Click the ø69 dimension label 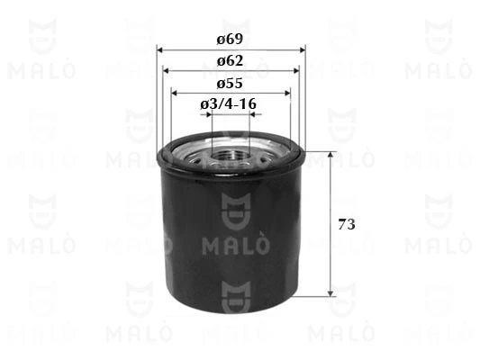point(230,40)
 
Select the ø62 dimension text point(230,60)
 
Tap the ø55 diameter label point(230,82)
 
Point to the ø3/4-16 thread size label point(230,104)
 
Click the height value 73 point(346,223)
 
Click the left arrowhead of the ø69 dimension point(159,49)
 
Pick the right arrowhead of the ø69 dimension point(301,49)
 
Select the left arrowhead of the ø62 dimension point(167,70)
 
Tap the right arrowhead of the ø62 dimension point(294,70)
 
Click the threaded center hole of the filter point(230,159)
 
